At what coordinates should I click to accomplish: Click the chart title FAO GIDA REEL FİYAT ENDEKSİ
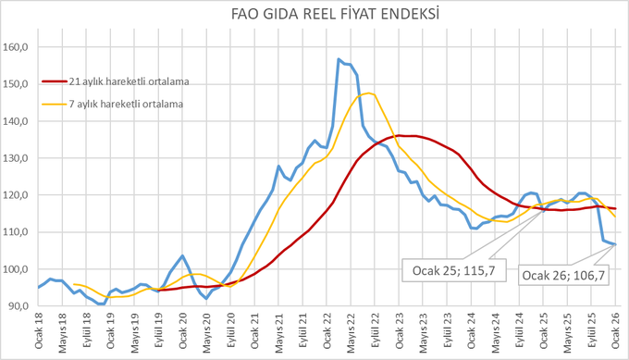point(335,15)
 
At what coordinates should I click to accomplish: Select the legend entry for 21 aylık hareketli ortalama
point(116,81)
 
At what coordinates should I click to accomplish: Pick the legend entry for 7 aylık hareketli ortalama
point(113,104)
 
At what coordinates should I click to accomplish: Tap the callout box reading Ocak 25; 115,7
point(453,270)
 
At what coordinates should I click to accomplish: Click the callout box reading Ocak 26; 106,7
point(563,275)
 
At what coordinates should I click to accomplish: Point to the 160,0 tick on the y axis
point(15,47)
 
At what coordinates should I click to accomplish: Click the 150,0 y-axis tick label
point(15,84)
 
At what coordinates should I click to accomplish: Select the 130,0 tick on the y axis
point(15,158)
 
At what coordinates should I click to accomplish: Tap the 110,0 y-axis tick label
point(15,232)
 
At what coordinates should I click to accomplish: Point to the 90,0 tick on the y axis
point(18,306)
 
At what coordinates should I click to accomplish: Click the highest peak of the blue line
point(339,59)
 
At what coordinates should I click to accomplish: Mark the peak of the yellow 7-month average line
point(369,93)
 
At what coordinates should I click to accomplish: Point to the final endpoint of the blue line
point(615,244)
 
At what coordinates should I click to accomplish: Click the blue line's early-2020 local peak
point(182,255)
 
